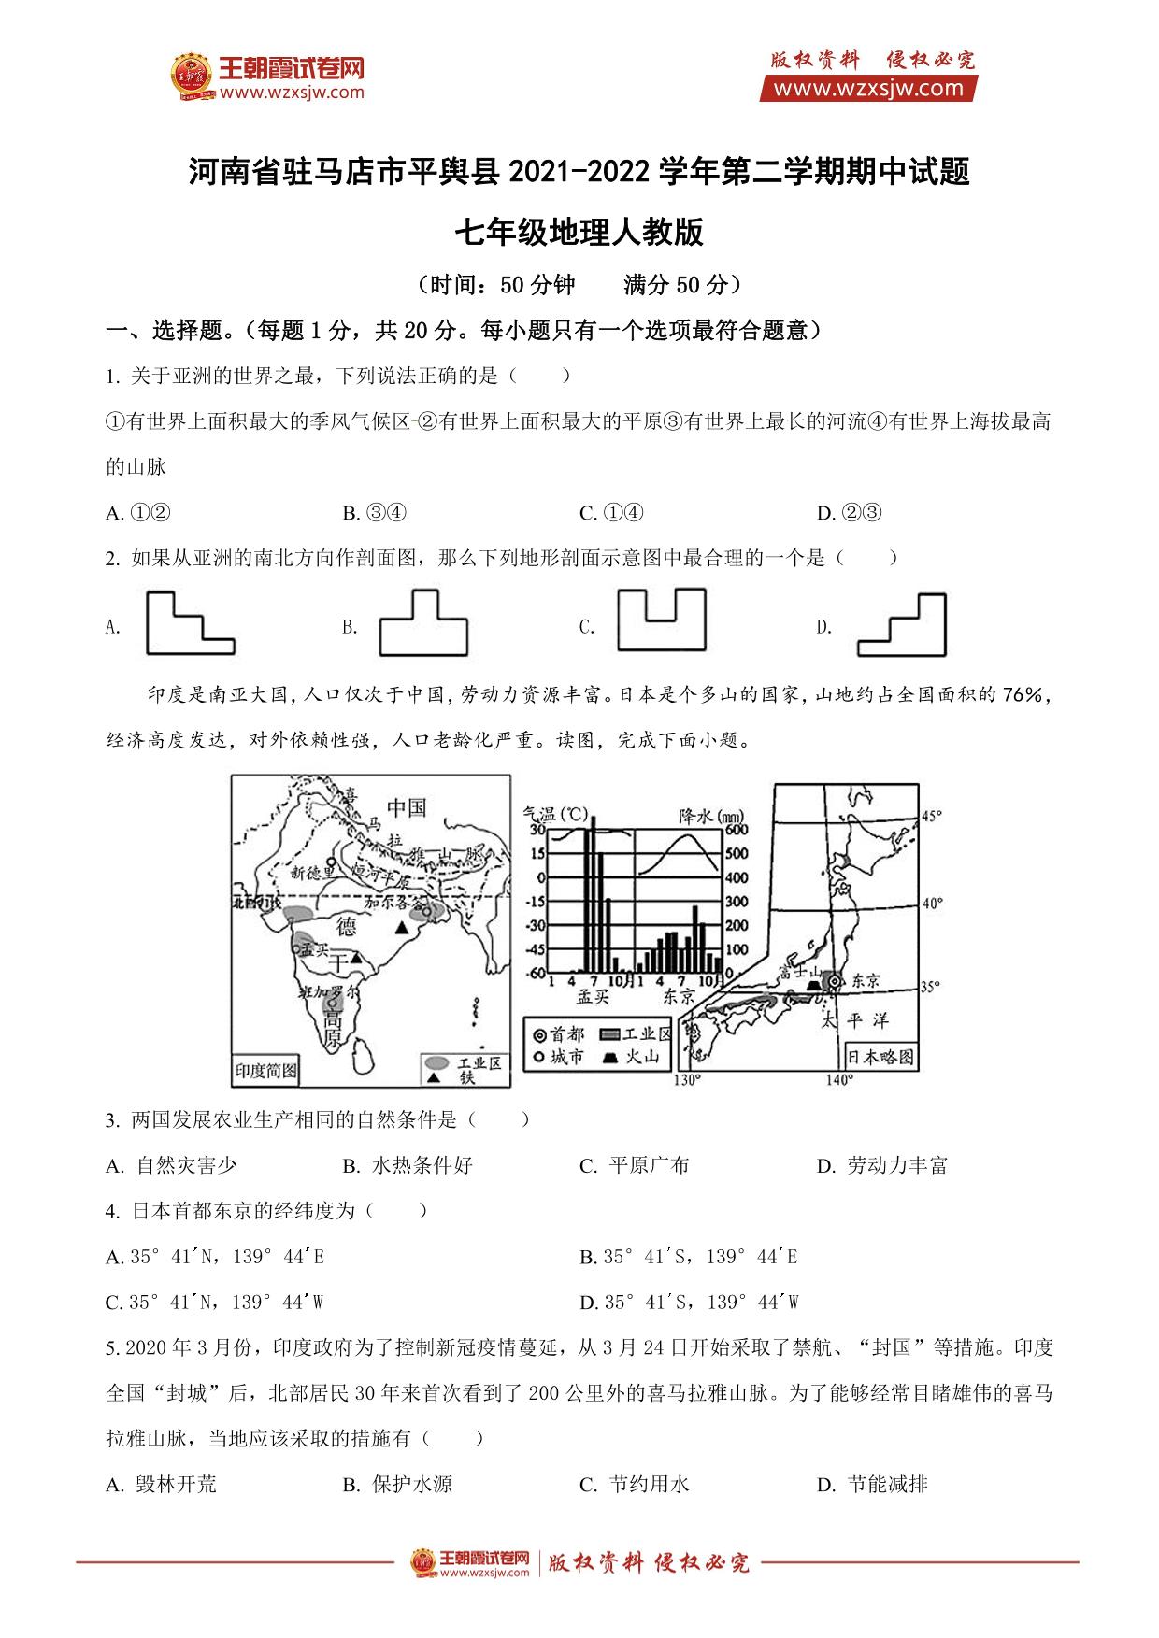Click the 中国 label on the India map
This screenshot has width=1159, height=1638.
coord(406,806)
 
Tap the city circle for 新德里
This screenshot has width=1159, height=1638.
coord(332,862)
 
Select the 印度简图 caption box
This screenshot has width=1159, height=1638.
coord(265,1071)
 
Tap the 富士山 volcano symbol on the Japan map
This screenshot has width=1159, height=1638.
coord(813,984)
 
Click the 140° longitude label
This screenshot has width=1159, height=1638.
coord(838,1081)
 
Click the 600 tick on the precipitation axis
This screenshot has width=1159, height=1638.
coord(737,830)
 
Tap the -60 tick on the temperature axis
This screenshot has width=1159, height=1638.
coord(535,974)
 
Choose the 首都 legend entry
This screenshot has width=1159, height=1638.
coord(557,1034)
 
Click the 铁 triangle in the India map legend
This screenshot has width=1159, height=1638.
coord(435,1078)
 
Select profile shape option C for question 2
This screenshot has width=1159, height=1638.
coord(661,619)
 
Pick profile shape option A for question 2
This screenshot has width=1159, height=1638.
coord(190,622)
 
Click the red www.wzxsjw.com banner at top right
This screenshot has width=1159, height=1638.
coord(868,89)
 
